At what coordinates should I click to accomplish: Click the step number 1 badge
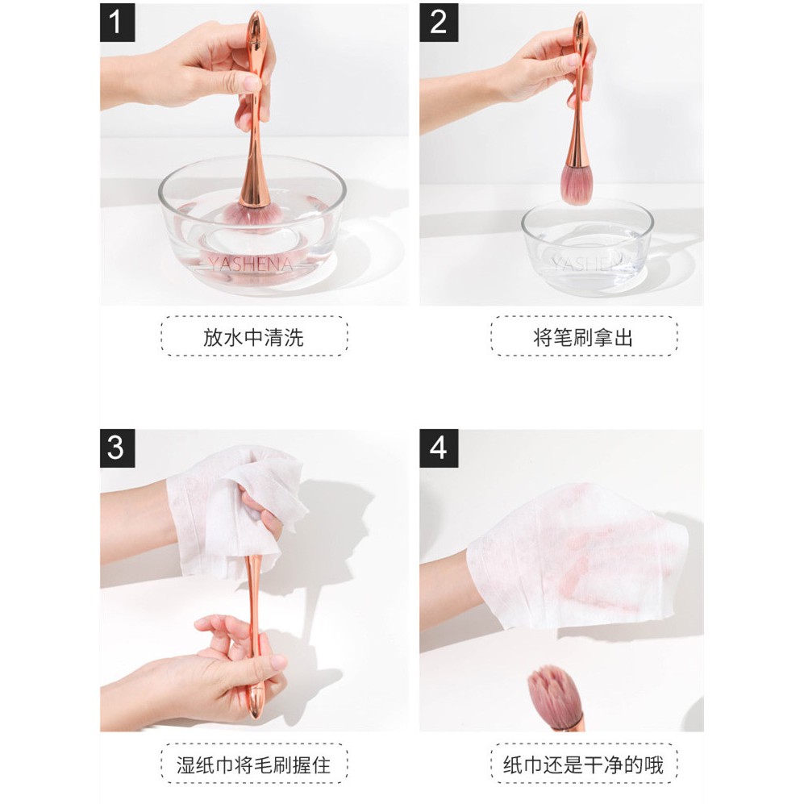117,22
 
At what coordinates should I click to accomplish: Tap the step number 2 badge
439,22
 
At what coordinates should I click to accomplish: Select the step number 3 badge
117,448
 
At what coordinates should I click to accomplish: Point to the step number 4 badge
439,448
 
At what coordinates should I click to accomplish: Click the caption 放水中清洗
254,337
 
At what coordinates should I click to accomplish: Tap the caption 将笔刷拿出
584,337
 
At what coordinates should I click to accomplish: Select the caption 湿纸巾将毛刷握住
254,764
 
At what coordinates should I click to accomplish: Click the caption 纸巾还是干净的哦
584,764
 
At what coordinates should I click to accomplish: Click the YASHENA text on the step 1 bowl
252,265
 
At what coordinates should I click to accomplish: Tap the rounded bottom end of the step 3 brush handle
255,712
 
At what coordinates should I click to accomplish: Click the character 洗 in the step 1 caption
294,337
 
